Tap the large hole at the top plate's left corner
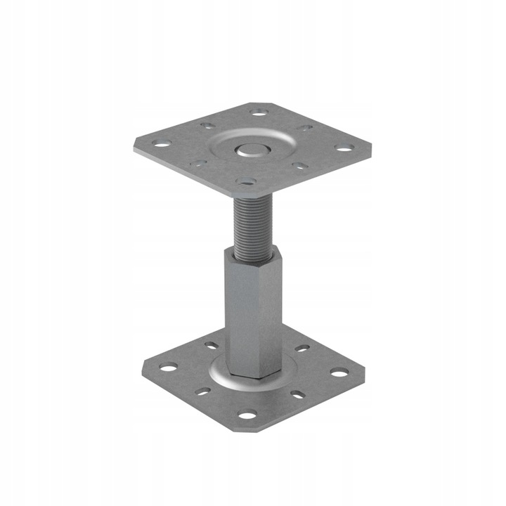162,144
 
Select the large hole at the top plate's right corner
344,148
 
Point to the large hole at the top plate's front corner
245,183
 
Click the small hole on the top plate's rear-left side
207,126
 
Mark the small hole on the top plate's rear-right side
305,129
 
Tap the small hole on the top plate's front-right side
299,167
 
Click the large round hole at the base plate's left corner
169,367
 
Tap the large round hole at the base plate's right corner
339,372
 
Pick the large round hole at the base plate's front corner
247,415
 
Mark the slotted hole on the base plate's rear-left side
212,346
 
